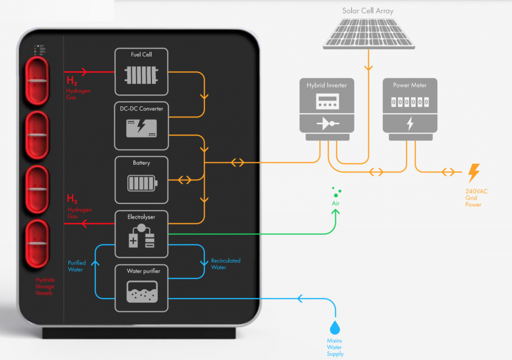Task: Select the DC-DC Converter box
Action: (141, 125)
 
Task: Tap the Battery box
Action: (141, 179)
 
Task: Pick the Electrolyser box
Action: (141, 234)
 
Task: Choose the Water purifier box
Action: (141, 288)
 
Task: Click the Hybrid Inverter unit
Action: (327, 109)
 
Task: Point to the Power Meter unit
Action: (410, 109)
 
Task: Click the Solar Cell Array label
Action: (367, 11)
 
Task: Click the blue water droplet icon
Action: (335, 326)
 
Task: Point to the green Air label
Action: (335, 203)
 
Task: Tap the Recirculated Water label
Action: (226, 264)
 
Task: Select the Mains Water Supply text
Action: (335, 347)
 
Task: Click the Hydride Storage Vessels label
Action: (45, 286)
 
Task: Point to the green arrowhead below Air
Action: (335, 212)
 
